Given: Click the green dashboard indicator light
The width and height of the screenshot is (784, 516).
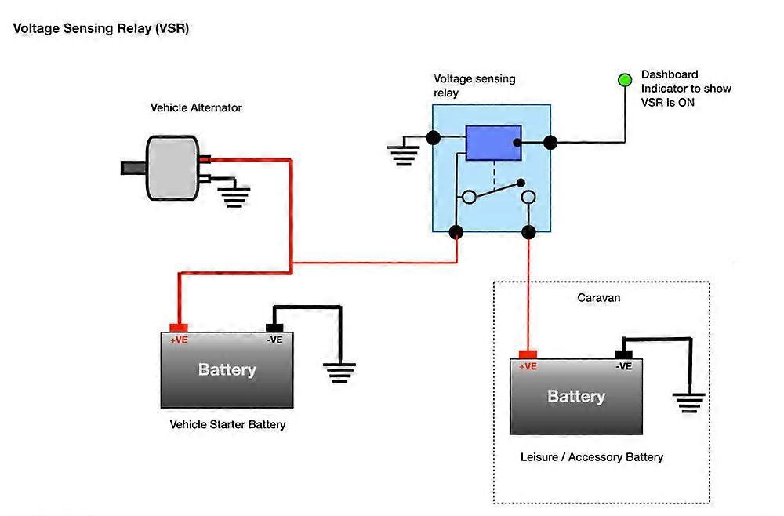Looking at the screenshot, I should (625, 79).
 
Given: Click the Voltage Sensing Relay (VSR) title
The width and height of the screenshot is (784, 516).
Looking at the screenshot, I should (101, 28).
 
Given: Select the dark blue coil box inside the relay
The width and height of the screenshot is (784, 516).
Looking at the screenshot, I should (493, 143).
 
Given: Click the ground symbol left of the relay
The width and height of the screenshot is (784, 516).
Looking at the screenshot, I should (404, 154).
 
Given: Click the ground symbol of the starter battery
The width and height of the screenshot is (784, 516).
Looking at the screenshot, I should (339, 372).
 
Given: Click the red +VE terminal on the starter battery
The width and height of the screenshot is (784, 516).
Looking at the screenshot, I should (179, 328).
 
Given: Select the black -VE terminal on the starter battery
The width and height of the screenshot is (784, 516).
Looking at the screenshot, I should (274, 328).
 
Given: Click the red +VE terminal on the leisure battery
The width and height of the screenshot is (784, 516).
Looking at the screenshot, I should (528, 354).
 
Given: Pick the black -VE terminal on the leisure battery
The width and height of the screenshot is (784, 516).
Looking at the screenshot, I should (623, 354).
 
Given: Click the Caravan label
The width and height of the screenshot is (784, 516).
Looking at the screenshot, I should (599, 298).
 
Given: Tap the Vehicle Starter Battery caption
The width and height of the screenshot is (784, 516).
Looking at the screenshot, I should (227, 424).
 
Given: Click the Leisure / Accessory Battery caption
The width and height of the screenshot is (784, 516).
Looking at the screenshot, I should (592, 456).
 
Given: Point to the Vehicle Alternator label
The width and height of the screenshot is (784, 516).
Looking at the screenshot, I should (196, 107).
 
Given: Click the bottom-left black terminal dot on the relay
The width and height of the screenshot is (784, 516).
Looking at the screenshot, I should (456, 232).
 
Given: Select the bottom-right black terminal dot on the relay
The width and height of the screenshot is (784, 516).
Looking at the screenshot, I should (528, 232).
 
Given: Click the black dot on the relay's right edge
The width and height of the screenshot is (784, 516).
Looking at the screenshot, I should (550, 143).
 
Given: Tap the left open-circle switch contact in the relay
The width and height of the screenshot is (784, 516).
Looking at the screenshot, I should (469, 197).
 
